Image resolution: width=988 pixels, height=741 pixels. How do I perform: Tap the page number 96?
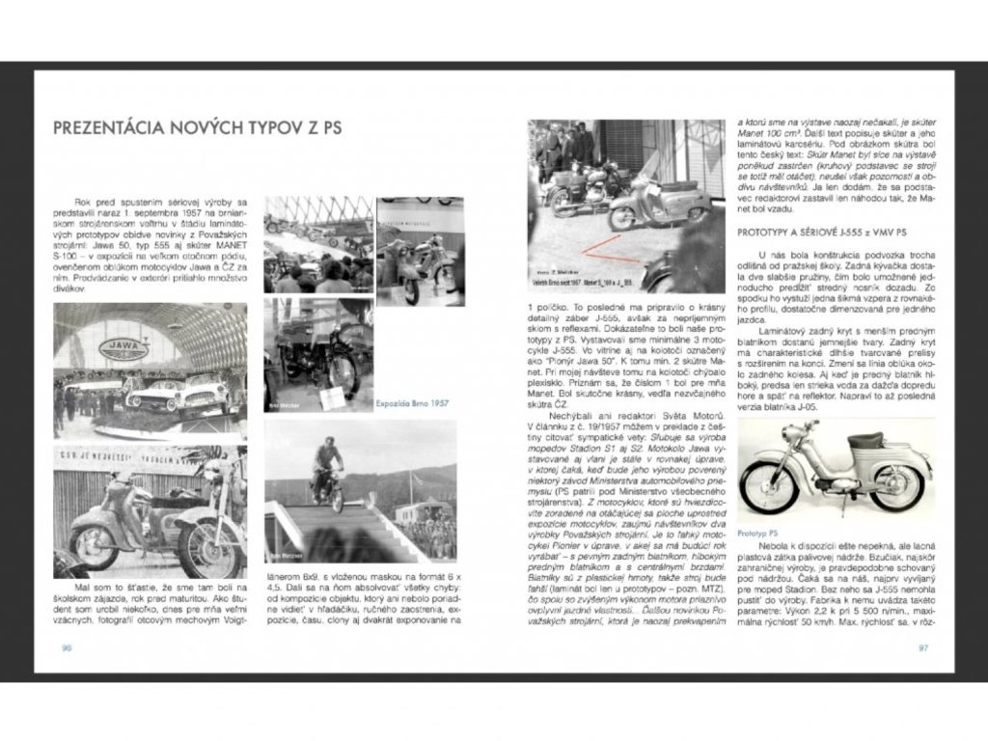point(67,647)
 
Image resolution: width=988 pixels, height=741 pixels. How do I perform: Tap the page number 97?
point(921,647)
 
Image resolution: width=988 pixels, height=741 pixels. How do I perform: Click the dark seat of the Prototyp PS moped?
point(864,442)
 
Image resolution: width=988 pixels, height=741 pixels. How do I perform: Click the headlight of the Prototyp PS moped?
point(758,439)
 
